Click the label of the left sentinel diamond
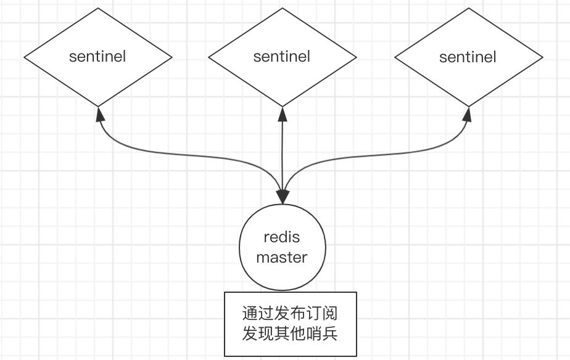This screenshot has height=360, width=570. pos(97,57)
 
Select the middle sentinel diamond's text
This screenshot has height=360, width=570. pos(282,57)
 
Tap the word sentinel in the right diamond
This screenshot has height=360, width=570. pos(468,57)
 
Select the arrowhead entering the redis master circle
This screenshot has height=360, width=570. pos(283,197)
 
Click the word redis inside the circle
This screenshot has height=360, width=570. pos(281,237)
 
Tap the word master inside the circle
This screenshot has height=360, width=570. pos(281,257)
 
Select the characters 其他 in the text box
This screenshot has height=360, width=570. pos(291,333)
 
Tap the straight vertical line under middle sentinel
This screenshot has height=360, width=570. pos(283,154)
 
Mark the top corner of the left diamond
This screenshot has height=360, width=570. pos(98,8)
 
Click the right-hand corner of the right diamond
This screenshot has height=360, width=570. pos(543,58)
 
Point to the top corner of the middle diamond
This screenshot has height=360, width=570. pos(283,8)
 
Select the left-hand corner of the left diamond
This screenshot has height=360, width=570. pos(24,57)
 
